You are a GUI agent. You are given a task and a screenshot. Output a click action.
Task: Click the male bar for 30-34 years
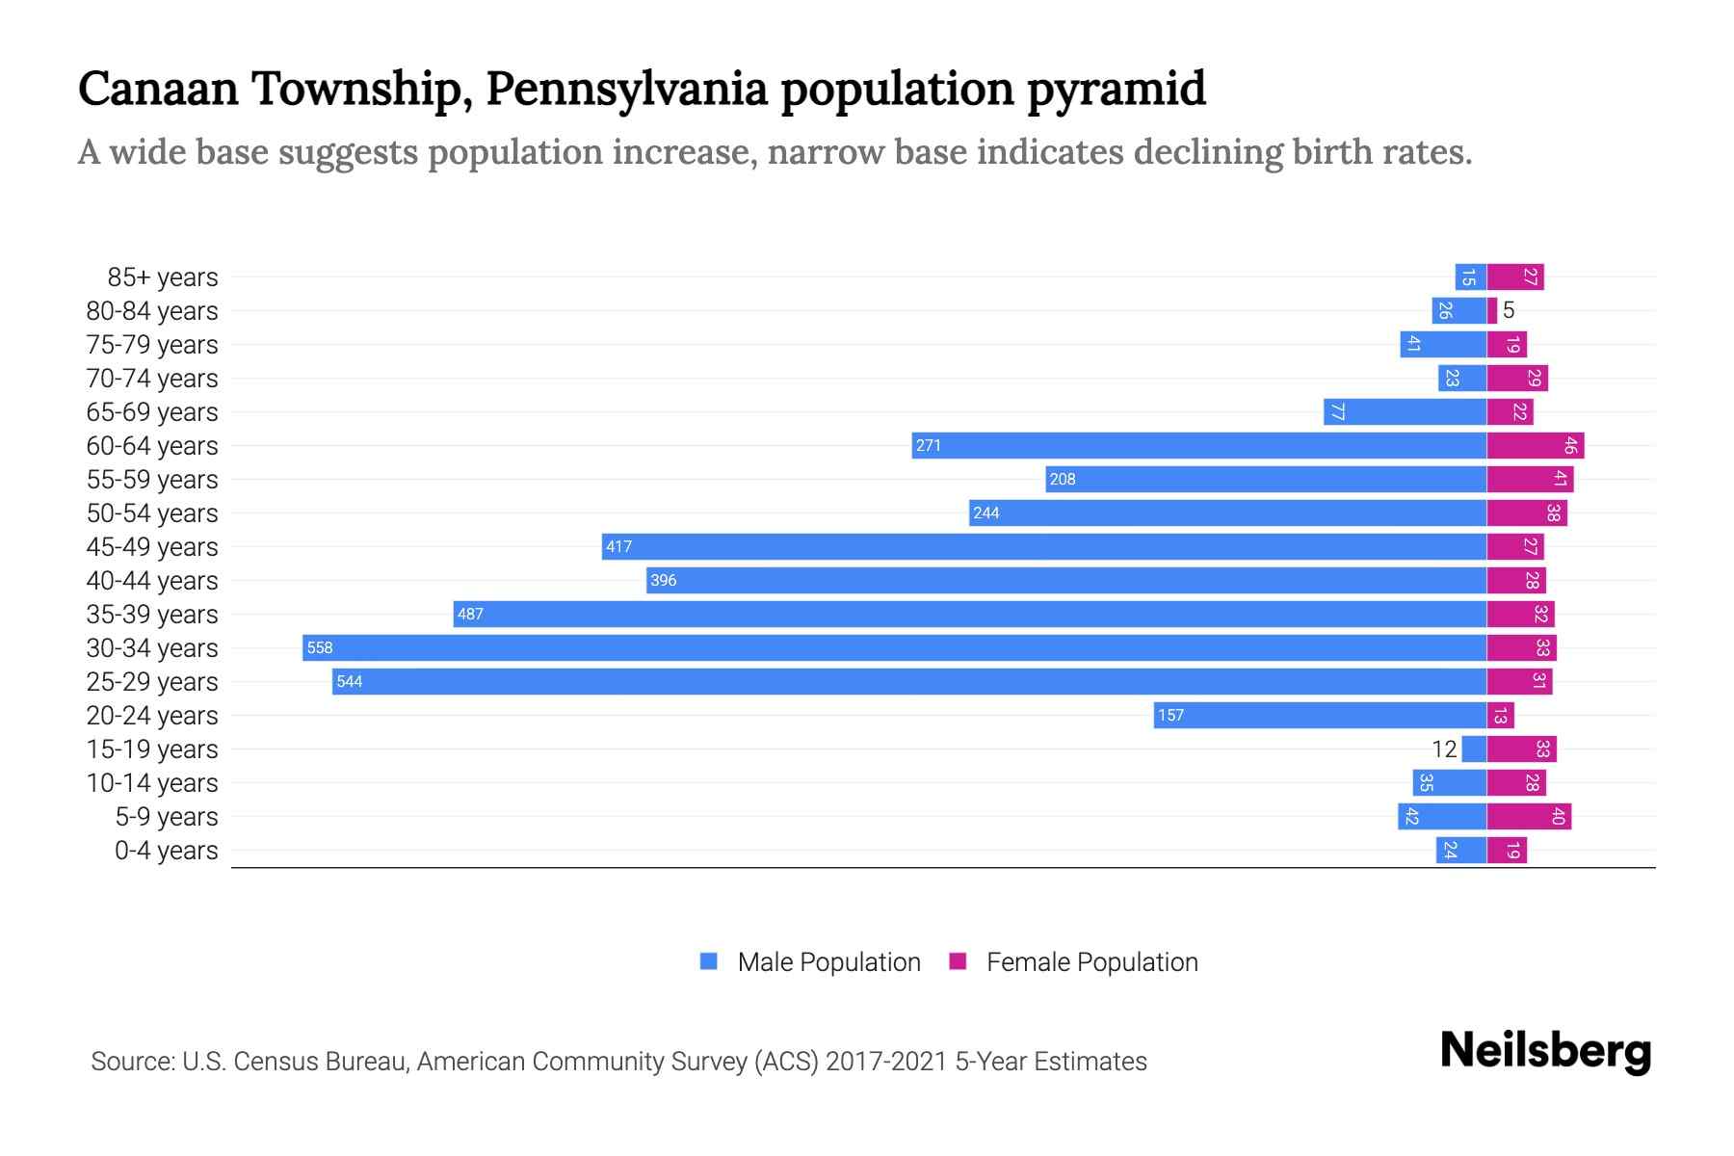(896, 647)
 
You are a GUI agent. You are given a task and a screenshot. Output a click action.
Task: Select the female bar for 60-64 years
(1535, 445)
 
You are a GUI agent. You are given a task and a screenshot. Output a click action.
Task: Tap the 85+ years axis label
(162, 277)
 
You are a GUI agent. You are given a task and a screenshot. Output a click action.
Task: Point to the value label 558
(320, 648)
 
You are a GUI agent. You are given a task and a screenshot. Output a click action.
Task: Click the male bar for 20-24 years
(1320, 715)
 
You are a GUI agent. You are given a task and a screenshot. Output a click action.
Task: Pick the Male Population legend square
(709, 961)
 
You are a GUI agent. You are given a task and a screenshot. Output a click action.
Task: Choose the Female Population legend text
(1091, 961)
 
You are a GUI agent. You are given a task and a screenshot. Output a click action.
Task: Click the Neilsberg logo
(1545, 1051)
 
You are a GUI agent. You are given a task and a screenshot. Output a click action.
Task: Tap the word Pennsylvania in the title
(626, 89)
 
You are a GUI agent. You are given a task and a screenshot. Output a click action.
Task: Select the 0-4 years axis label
(166, 851)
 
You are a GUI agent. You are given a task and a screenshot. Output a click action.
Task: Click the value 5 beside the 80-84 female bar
(1509, 310)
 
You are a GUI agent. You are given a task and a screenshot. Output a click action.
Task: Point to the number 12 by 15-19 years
(1444, 749)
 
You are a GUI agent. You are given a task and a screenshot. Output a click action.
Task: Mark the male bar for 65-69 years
(1405, 411)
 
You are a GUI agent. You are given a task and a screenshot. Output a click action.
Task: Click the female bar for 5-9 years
(1529, 816)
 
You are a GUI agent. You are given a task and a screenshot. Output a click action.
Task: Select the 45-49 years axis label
(152, 547)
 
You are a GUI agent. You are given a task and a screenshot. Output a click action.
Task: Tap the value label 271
(929, 446)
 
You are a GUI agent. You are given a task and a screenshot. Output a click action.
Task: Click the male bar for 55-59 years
(1266, 479)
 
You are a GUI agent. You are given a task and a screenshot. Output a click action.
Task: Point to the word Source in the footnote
(131, 1062)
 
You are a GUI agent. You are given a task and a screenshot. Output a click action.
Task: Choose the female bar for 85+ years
(1515, 276)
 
